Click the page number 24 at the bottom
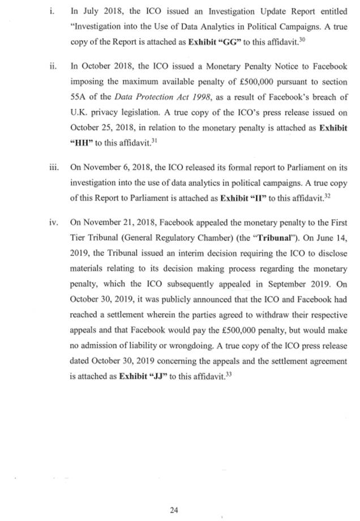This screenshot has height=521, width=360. coord(174,494)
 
